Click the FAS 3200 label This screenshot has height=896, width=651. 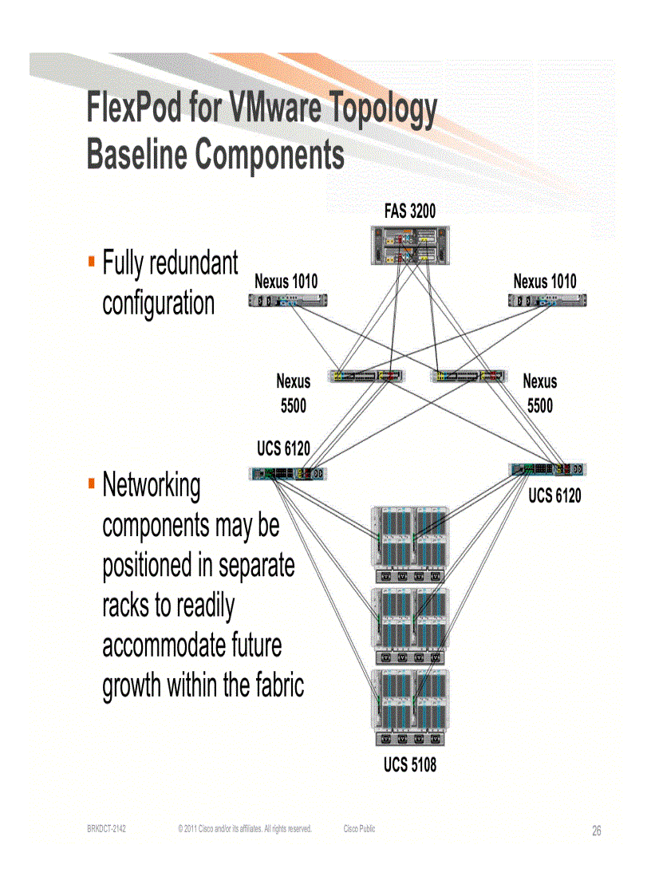tap(410, 211)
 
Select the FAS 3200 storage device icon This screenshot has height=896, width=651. tap(410, 246)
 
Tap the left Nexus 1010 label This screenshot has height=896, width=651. tap(286, 282)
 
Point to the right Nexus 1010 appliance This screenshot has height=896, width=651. tap(548, 301)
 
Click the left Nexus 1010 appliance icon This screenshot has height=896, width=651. tap(287, 301)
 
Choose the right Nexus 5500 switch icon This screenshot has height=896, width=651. tap(468, 375)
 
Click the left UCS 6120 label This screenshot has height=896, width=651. tap(283, 449)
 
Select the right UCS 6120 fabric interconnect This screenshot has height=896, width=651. tap(548, 470)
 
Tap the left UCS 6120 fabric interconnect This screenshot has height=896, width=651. tap(288, 474)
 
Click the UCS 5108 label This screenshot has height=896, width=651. tap(410, 766)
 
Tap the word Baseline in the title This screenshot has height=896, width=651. tap(136, 155)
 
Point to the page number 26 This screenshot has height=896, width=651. tap(597, 831)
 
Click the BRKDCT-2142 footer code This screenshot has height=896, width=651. tap(106, 830)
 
